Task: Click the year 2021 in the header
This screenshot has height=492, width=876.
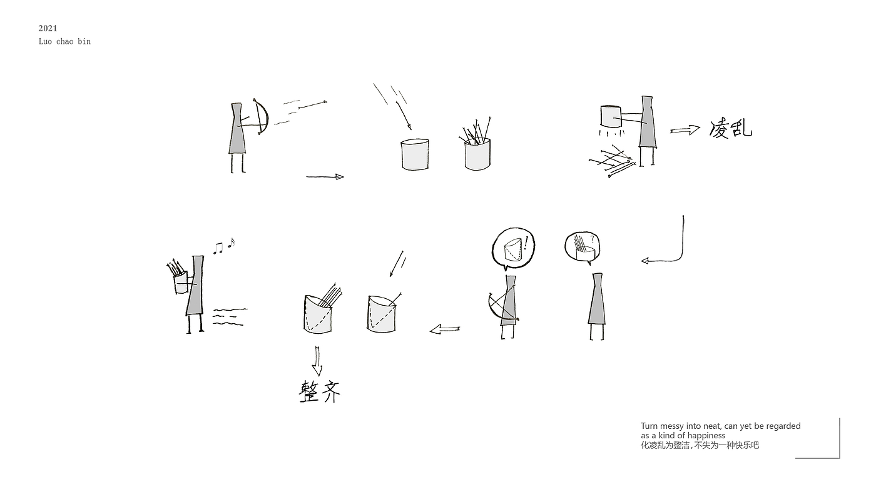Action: coord(48,28)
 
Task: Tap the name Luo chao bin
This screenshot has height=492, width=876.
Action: coord(64,41)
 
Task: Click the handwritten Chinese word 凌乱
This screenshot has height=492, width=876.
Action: coord(730,128)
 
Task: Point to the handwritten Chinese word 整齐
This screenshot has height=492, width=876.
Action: coord(320,391)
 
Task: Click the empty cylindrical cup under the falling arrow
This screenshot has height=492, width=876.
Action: coord(414,154)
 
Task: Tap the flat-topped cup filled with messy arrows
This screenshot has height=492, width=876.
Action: coord(477,154)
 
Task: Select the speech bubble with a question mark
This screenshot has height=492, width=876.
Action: coord(583,248)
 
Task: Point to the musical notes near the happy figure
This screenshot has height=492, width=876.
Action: coord(224,246)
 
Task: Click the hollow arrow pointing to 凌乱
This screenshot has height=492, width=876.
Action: coord(685,130)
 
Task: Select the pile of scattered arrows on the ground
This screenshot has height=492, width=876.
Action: coord(612,161)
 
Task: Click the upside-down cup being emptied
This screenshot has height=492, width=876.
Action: coord(611,116)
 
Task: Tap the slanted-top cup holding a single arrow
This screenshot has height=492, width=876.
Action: coord(381,314)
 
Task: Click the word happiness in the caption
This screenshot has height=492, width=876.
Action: coord(706,435)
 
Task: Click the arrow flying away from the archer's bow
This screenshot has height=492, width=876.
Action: coord(312,105)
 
